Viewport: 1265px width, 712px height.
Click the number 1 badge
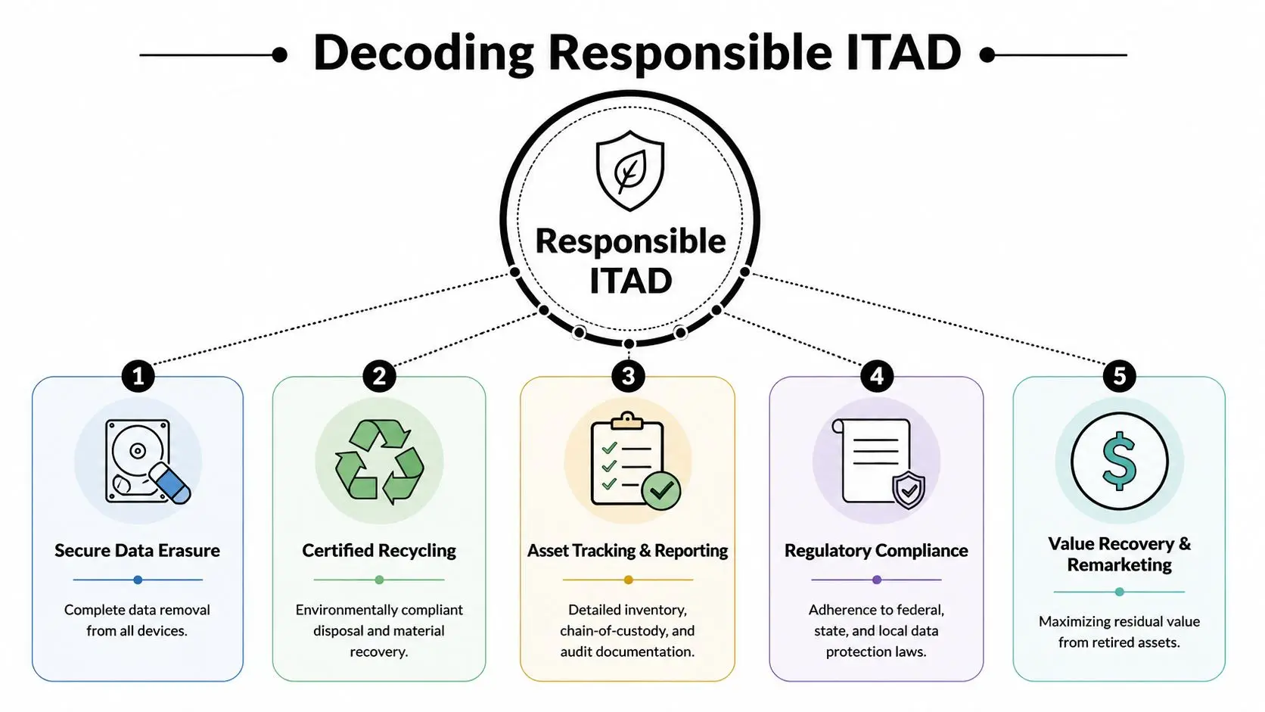(138, 376)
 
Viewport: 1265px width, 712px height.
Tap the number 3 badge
(628, 376)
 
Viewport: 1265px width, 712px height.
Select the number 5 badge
(1119, 376)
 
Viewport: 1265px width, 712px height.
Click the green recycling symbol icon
(379, 462)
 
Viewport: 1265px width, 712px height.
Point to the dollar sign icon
(1119, 462)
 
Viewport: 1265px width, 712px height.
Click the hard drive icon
(138, 460)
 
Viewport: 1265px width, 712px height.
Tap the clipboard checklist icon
(627, 460)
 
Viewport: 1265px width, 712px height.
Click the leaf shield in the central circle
(629, 170)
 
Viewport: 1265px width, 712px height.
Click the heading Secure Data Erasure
(137, 551)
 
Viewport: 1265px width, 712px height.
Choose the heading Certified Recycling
(379, 551)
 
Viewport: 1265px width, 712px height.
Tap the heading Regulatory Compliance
(876, 551)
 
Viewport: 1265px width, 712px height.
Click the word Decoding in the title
(424, 53)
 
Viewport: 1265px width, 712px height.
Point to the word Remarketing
(1119, 565)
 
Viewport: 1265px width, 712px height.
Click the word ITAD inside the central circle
(630, 281)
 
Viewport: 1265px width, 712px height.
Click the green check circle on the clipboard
(661, 490)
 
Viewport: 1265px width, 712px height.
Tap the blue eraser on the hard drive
(170, 484)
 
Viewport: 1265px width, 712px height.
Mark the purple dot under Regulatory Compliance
(877, 580)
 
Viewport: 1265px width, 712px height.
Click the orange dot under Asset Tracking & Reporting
(628, 580)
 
